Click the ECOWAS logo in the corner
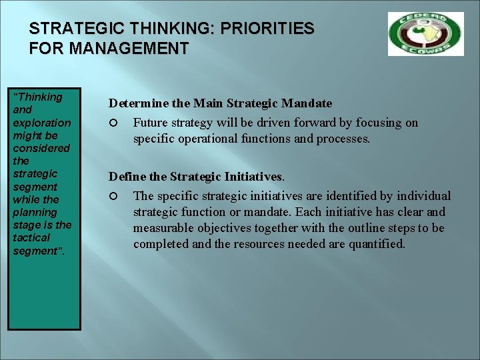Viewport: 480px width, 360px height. [425, 33]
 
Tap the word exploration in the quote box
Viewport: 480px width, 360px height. [42, 123]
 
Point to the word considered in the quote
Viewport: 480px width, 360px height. [41, 148]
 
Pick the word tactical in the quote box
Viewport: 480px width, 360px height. [31, 237]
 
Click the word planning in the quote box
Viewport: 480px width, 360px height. [35, 212]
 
